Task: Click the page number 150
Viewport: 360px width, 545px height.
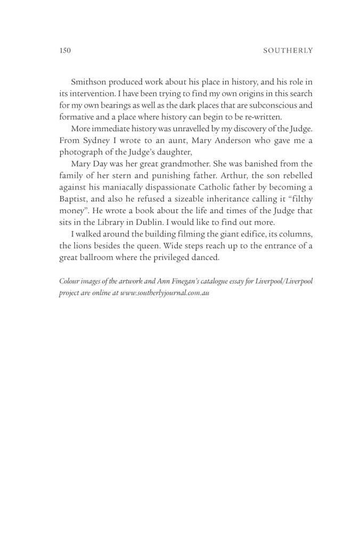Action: (63, 51)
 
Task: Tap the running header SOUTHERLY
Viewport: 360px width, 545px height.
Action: (287, 51)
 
